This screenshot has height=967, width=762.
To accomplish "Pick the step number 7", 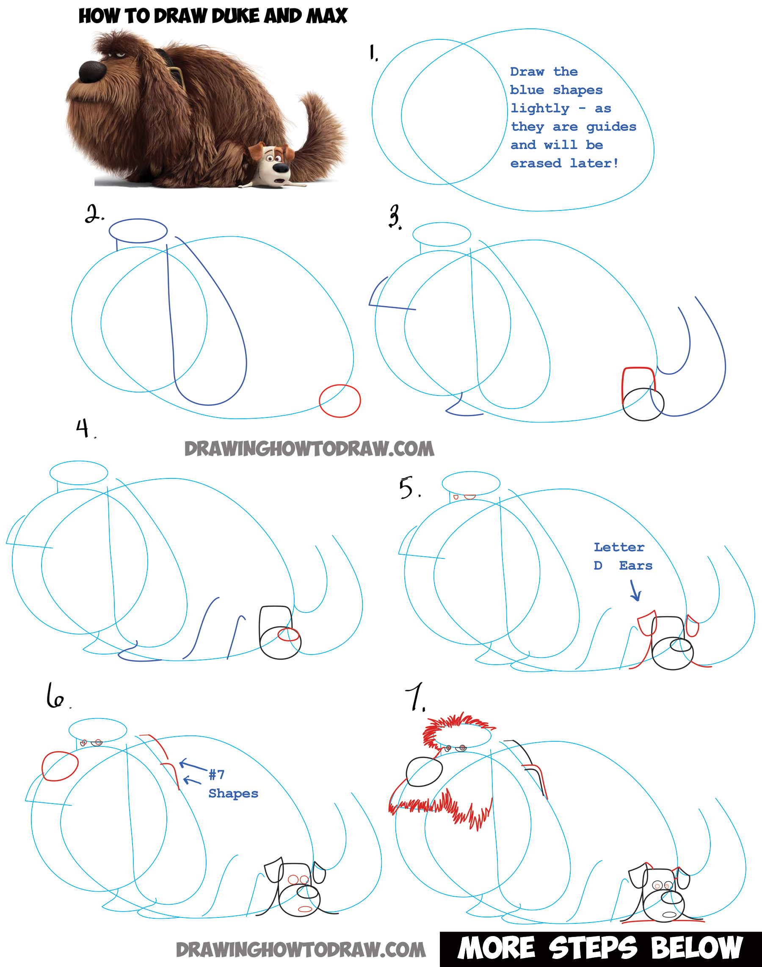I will [415, 696].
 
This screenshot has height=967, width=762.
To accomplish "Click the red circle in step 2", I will [340, 400].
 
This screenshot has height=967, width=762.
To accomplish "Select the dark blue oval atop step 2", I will [138, 231].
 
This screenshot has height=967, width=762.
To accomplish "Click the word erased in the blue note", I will [536, 163].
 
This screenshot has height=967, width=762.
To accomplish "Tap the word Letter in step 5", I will [619, 547].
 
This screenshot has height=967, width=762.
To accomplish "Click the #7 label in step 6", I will [217, 774].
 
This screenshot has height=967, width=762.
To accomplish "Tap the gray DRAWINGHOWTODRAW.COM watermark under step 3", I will [309, 449].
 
